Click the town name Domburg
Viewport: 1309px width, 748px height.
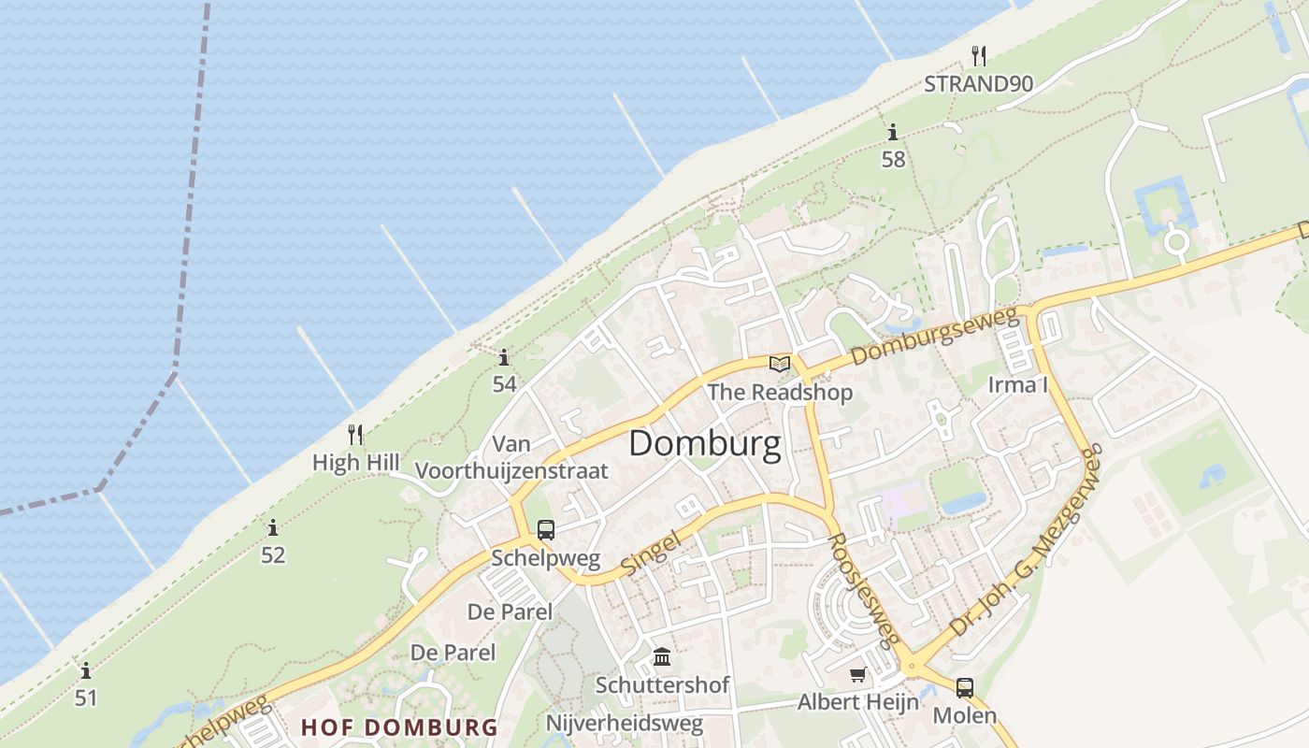click(x=704, y=444)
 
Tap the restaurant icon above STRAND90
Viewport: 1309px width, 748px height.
click(x=978, y=55)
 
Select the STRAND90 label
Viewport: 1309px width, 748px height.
click(x=978, y=84)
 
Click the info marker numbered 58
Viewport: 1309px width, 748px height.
click(x=893, y=132)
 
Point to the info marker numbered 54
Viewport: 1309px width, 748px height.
click(x=504, y=357)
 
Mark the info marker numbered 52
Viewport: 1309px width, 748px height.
click(x=272, y=527)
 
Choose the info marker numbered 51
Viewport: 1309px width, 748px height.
click(x=86, y=670)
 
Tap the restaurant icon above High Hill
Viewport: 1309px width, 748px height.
click(x=355, y=435)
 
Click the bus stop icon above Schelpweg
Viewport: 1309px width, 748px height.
click(x=546, y=530)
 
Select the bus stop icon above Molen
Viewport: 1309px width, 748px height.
click(x=965, y=688)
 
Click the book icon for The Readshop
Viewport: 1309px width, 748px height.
click(x=780, y=364)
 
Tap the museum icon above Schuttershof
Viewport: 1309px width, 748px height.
click(x=662, y=656)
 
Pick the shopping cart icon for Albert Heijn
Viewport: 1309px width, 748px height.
click(x=857, y=674)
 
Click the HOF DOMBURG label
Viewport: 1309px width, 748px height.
click(x=399, y=727)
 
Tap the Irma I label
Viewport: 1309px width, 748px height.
click(x=1018, y=385)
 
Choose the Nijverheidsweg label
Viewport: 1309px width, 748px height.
click(x=624, y=723)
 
